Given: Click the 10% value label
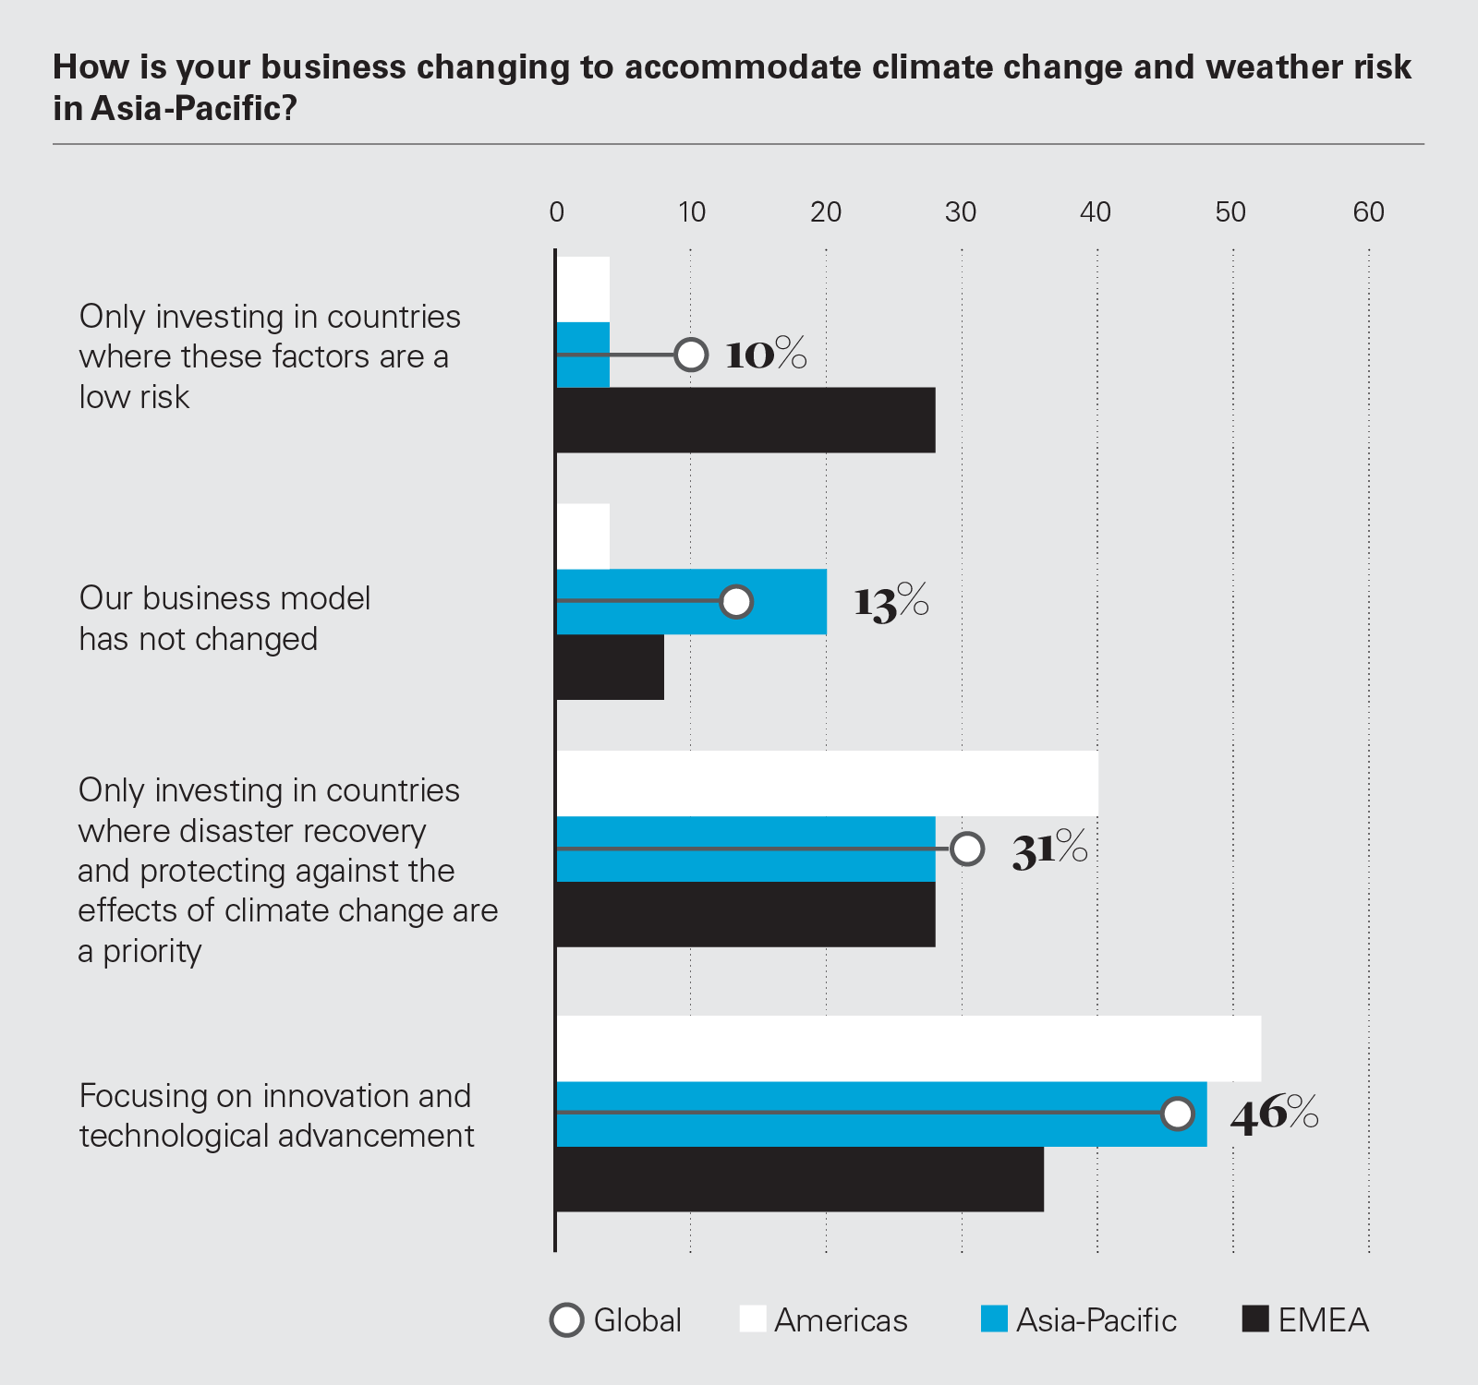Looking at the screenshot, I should (766, 355).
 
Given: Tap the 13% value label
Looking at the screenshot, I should (890, 602).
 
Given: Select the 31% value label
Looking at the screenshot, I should (1049, 849).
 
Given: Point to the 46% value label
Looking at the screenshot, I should (1274, 1114).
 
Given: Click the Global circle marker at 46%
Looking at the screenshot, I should (1178, 1114).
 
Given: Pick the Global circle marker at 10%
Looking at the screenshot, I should (691, 355).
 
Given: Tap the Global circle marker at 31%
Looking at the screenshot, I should (967, 849).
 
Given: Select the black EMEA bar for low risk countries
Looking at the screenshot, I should (745, 420).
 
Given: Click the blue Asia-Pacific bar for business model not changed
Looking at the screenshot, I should (691, 602).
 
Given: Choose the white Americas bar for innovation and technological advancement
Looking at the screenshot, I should (908, 1048).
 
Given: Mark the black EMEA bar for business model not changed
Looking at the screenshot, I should (610, 667).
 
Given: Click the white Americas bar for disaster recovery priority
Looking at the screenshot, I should (827, 783).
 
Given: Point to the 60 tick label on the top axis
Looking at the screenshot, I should (1368, 212).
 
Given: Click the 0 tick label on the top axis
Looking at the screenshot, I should (556, 212).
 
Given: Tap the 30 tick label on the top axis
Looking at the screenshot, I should (961, 212).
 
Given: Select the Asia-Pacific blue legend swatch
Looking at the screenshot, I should (994, 1319).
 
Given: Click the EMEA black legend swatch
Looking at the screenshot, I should (1255, 1319).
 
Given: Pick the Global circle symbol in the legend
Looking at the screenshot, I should (567, 1319).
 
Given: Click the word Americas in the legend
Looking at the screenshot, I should (841, 1320).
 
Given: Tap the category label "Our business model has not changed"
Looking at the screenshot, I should (224, 619).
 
